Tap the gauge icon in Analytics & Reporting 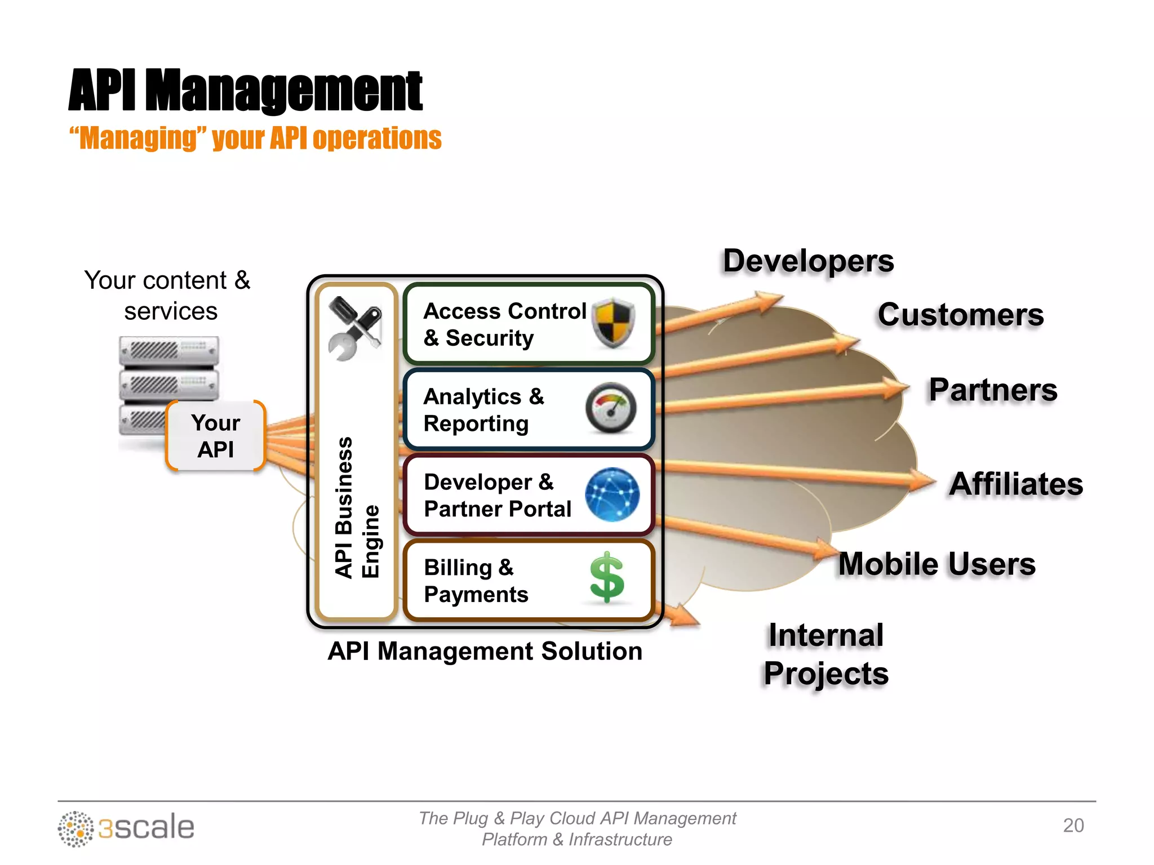(611, 408)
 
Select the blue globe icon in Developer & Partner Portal (612, 494)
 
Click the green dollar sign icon (607, 578)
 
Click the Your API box (216, 436)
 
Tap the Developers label (808, 261)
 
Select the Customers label (960, 314)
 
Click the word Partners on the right (993, 390)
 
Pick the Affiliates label (1015, 484)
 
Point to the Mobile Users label (936, 564)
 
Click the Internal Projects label (826, 654)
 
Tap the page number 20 (1073, 825)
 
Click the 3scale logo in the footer (126, 828)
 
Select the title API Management (246, 90)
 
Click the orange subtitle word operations (377, 138)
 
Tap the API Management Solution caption (485, 651)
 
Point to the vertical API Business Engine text (356, 507)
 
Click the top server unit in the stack (169, 350)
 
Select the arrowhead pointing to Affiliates (923, 480)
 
